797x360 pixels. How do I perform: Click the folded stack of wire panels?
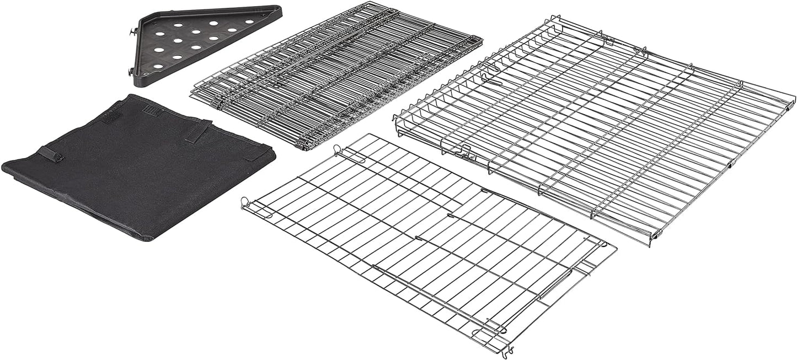point(336,74)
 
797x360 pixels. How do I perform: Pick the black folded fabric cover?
point(141,165)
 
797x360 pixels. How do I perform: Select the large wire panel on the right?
point(596,127)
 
